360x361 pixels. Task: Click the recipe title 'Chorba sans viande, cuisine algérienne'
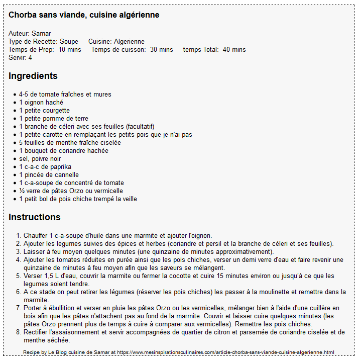point(84,15)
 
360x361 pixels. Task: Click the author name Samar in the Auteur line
point(41,34)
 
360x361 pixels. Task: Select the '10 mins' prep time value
point(70,50)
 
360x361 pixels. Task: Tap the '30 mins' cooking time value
point(162,50)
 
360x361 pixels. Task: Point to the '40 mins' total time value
point(234,50)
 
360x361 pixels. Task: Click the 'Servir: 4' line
point(20,58)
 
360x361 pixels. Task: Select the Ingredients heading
point(33,76)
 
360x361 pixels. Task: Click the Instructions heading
point(35,217)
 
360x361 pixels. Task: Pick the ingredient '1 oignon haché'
point(41,103)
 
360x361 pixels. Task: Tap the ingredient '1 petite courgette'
point(44,111)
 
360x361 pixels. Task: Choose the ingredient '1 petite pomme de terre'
point(53,119)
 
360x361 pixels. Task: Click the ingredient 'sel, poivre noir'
point(40,159)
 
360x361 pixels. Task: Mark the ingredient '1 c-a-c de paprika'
point(45,167)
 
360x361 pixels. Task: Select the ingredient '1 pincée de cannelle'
point(49,175)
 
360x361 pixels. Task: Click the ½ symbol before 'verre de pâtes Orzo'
point(22,191)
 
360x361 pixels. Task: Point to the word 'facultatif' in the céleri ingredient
point(140,127)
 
